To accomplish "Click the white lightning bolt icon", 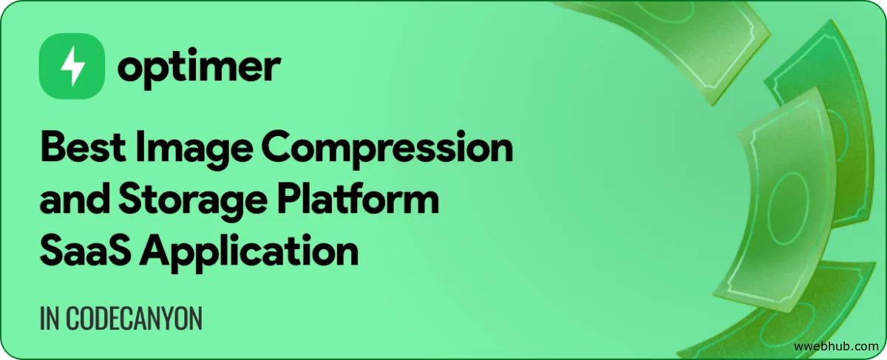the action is pos(72,66).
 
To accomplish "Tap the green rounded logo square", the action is pos(72,66).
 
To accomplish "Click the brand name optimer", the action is pos(199,67).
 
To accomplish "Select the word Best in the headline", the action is pos(83,146).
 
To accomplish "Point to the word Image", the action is pos(194,151).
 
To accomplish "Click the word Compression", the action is pos(387,151).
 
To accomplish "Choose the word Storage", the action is pos(193,203).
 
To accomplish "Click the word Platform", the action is pos(358,198).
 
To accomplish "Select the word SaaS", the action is pos(85,251).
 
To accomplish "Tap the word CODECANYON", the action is pos(134,319).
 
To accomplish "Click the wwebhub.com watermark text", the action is pos(836,346).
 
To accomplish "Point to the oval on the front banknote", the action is pos(788,208).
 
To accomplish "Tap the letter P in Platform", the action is pos(290,198).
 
